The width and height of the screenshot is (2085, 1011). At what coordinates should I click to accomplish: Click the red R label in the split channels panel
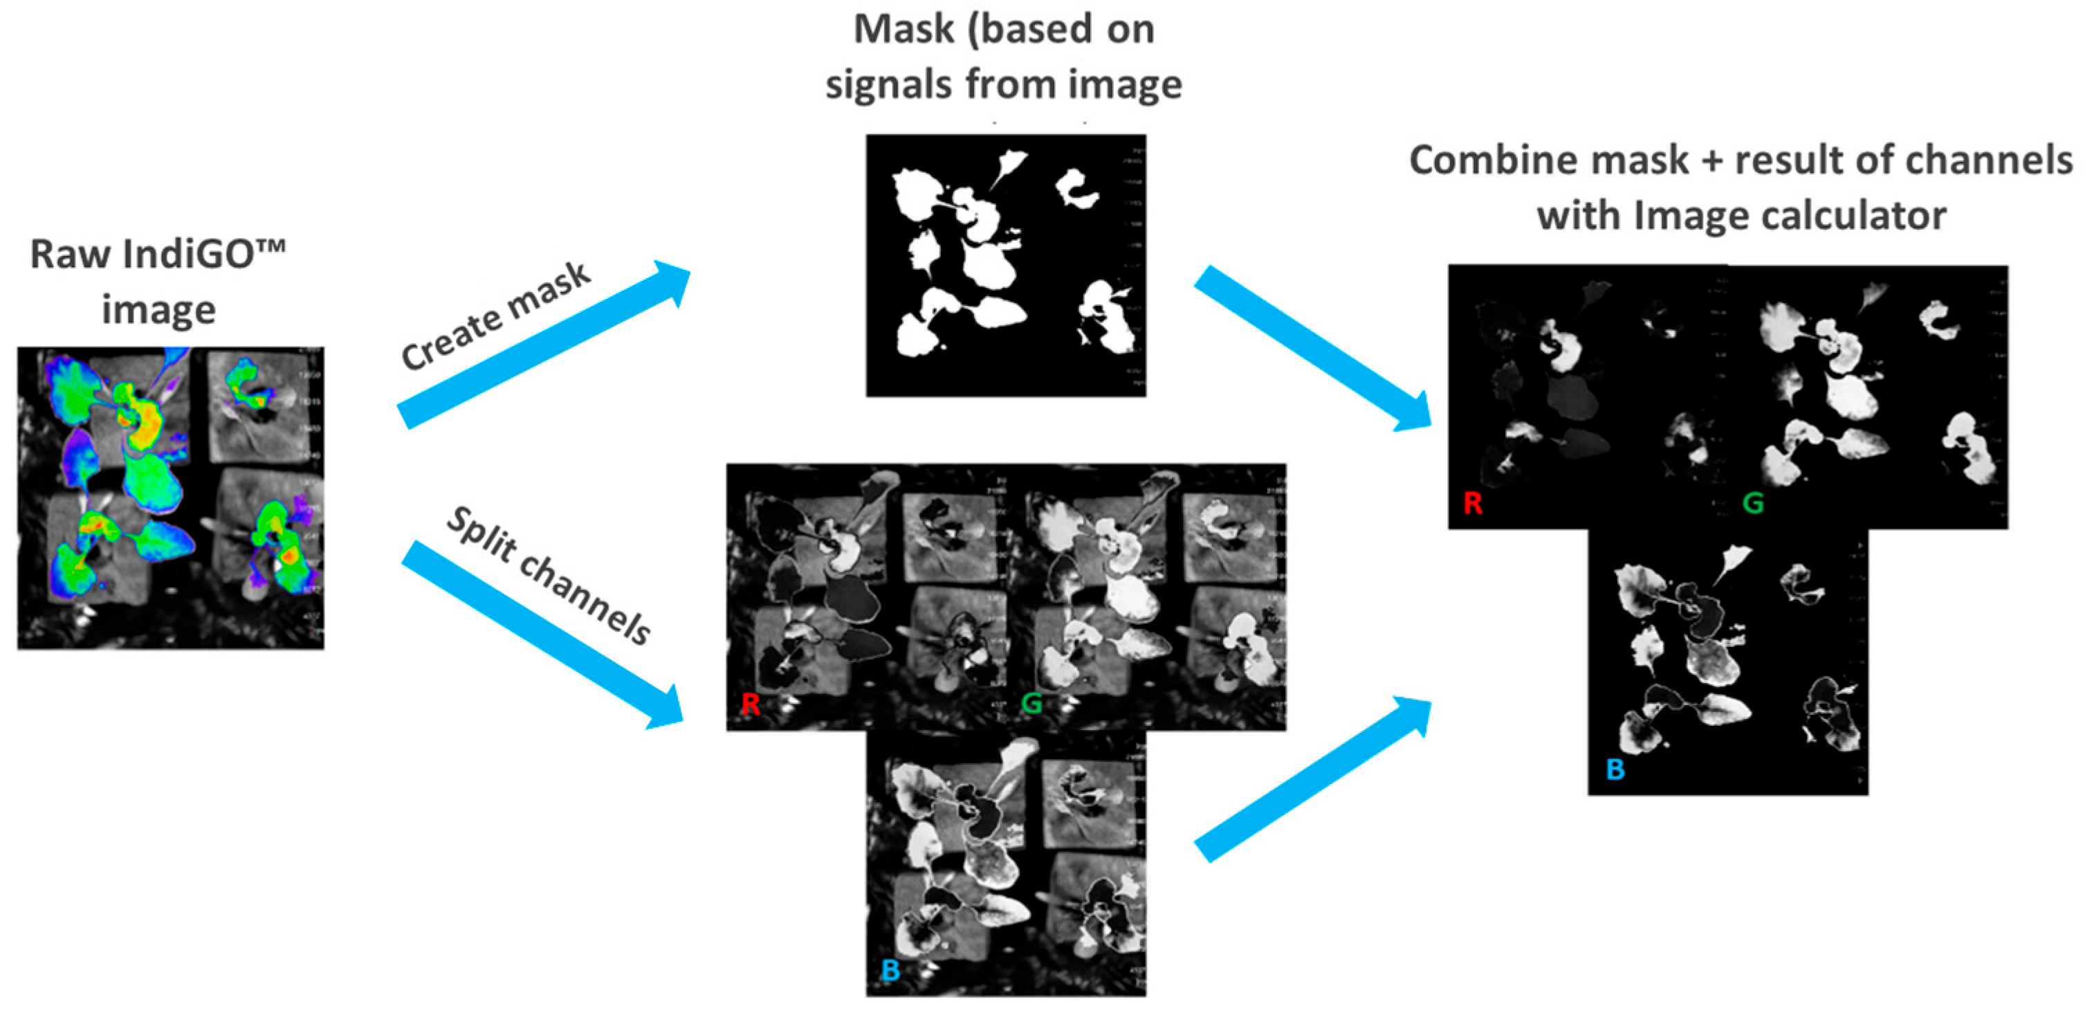(751, 704)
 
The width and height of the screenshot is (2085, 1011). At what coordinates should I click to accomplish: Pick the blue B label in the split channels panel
(890, 969)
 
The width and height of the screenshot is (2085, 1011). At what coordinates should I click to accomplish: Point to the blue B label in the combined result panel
(1615, 769)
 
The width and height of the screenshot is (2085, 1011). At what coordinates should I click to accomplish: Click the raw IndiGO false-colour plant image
(171, 498)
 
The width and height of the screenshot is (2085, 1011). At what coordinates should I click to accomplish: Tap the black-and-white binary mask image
(1005, 266)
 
